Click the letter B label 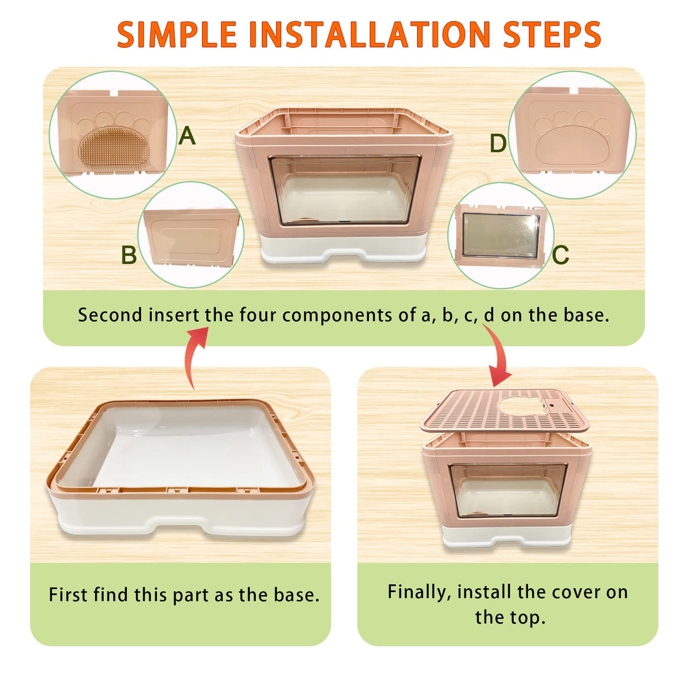click(x=129, y=254)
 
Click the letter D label click(x=498, y=143)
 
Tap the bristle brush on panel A click(x=114, y=146)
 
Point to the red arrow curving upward click(x=193, y=354)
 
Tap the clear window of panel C click(x=501, y=236)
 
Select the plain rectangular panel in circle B click(x=190, y=237)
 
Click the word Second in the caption click(x=110, y=316)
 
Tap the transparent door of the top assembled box click(x=345, y=190)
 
